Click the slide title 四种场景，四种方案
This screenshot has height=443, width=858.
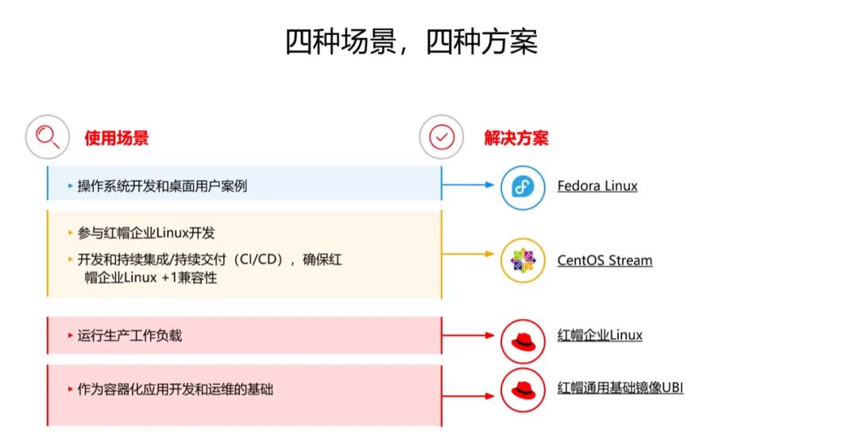(412, 42)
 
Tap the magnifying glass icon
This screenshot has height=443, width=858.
(48, 137)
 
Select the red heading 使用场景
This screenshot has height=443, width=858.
(117, 138)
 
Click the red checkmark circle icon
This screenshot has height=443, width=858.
(441, 137)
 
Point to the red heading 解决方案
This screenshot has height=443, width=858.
(516, 138)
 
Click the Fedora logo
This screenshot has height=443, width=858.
(523, 187)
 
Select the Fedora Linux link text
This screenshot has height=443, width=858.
(597, 187)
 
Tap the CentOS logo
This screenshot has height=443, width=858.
(523, 260)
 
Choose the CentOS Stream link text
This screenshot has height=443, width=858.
(605, 260)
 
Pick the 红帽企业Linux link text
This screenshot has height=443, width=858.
(600, 335)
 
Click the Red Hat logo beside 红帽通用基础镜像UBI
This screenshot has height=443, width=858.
(523, 389)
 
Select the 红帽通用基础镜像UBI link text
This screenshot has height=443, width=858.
(620, 387)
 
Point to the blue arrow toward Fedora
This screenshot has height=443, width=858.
(469, 186)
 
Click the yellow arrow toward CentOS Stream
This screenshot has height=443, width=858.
(469, 255)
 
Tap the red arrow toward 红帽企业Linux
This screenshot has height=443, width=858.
(469, 335)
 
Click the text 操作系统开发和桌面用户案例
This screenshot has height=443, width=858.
(162, 187)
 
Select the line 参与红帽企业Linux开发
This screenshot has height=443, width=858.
(146, 233)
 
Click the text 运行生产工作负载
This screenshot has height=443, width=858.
(129, 336)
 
